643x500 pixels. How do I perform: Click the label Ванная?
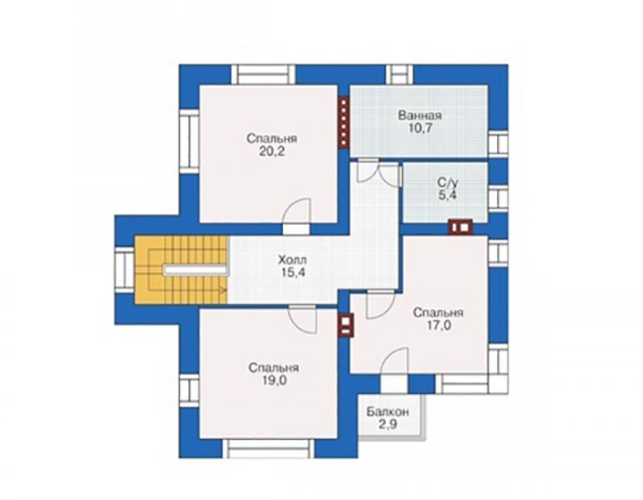(419, 115)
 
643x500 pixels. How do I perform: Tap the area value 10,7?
(421, 129)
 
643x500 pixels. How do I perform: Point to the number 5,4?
(448, 195)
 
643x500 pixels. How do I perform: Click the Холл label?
(292, 260)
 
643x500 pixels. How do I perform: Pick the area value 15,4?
(293, 272)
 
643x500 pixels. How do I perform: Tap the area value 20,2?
(271, 151)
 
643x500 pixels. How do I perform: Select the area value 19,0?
(274, 380)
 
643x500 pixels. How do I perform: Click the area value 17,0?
(439, 325)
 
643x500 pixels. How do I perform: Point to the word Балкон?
(388, 411)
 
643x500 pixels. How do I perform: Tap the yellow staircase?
(181, 270)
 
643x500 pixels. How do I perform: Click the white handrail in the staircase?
(195, 270)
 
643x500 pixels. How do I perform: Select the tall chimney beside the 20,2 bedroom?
(343, 121)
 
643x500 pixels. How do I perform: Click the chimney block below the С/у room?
(460, 227)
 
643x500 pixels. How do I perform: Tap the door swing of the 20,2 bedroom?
(297, 211)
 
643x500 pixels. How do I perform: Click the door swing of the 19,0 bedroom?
(303, 319)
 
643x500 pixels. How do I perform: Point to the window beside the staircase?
(124, 270)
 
